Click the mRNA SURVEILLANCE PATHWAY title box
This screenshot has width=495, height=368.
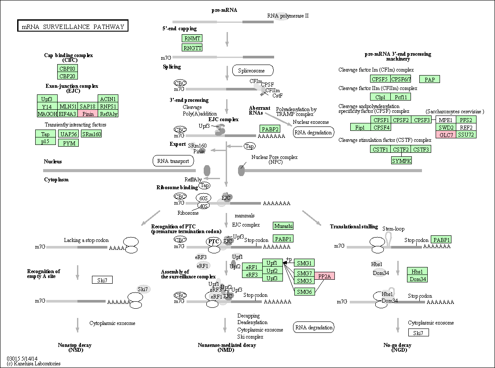tap(73, 26)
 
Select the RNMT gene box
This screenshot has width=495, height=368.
tap(192, 39)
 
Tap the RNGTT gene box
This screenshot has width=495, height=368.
tap(192, 47)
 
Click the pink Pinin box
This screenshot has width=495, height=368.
tap(88, 114)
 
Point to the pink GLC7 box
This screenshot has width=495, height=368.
tap(446, 135)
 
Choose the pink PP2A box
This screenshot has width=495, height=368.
tap(325, 276)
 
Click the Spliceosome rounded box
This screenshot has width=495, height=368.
tap(253, 71)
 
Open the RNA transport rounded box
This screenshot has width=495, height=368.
tap(173, 161)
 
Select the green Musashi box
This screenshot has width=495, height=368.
tap(283, 226)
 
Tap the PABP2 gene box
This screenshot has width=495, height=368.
tap(270, 129)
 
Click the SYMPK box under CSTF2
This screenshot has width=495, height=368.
tap(402, 161)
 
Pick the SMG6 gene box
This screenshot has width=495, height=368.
tap(304, 292)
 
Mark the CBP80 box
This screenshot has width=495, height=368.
tap(67, 69)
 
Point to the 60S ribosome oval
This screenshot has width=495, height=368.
tap(203, 198)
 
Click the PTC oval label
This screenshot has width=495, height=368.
tap(213, 242)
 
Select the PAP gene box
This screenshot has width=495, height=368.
tap(429, 79)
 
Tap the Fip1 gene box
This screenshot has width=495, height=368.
tap(360, 127)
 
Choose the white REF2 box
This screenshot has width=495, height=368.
tap(466, 127)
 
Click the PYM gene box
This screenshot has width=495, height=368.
tap(69, 143)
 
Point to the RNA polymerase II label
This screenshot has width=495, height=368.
tap(288, 16)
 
